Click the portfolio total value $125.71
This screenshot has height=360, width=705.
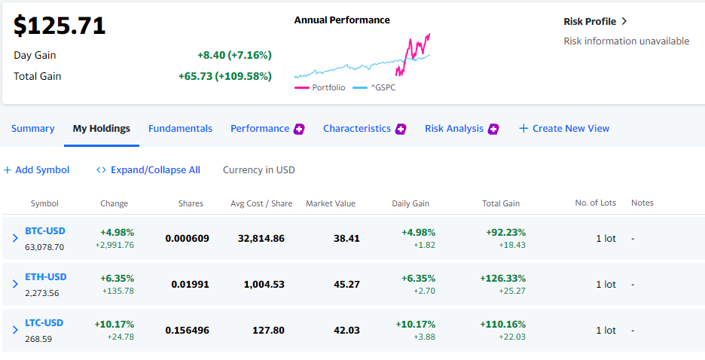pos(60,26)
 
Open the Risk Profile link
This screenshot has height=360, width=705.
pos(595,22)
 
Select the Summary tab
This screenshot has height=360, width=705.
pos(33,129)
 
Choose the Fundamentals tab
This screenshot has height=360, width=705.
pos(180,129)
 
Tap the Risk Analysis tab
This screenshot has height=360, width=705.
pos(454,129)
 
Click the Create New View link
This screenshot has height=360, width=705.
pos(564,129)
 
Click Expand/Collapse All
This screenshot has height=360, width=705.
pos(148,170)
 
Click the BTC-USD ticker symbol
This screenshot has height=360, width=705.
pos(45,231)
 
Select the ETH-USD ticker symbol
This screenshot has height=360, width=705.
pos(46,277)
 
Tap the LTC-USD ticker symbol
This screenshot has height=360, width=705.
pos(44,322)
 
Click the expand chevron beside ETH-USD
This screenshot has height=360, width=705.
pos(15,284)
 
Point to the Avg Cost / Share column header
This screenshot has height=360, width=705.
pos(261,203)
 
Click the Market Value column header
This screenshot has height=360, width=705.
pos(331,203)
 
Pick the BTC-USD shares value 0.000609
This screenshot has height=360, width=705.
pos(187,238)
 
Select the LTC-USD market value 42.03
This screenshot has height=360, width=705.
pos(346,331)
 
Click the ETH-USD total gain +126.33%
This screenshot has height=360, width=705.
pos(502,278)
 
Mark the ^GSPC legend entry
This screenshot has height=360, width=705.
pos(374,87)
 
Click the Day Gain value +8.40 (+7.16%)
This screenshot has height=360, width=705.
pos(234,55)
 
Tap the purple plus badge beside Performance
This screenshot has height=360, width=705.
pos(299,129)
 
